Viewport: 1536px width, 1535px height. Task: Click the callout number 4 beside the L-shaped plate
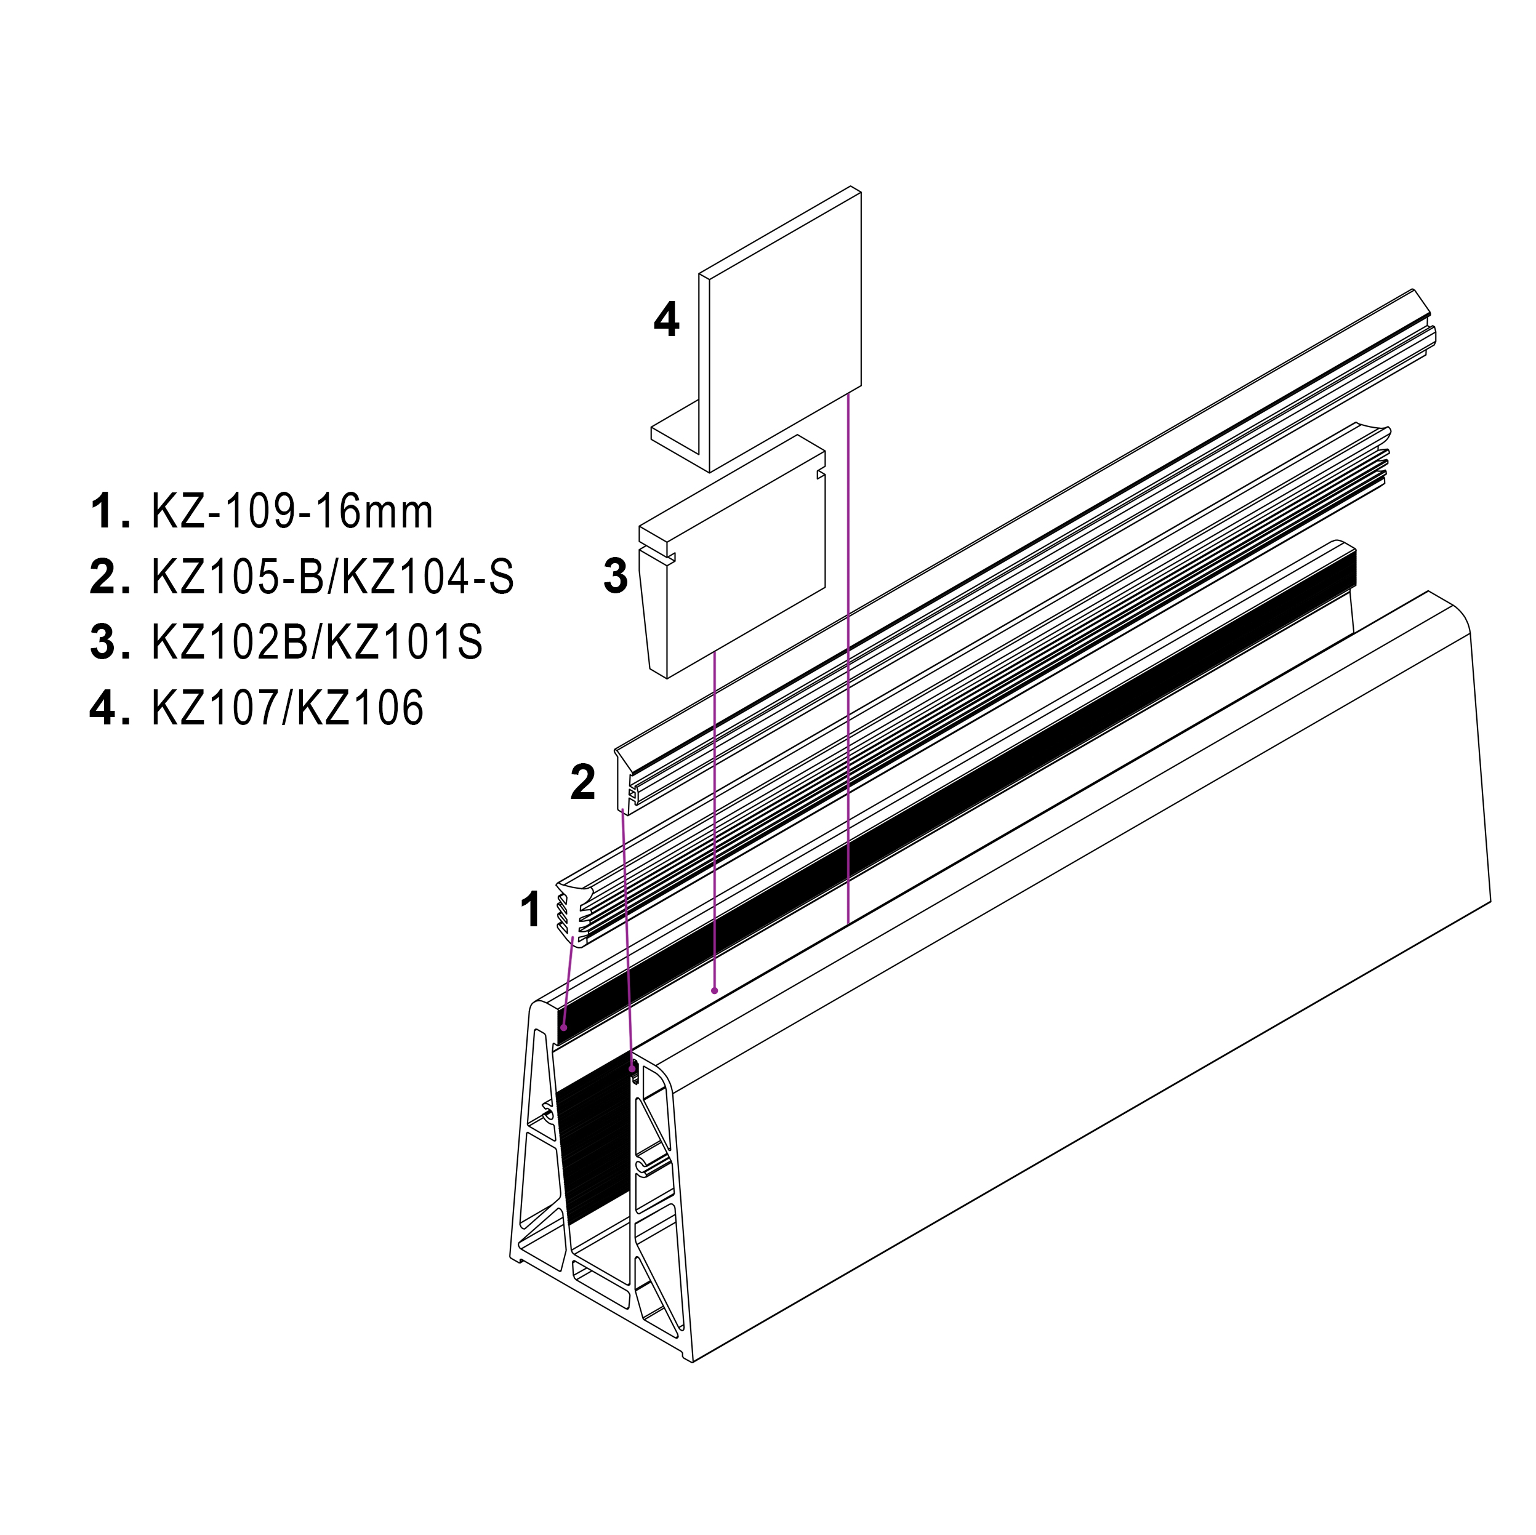pos(665,321)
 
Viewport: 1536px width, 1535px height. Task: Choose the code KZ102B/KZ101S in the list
pos(316,643)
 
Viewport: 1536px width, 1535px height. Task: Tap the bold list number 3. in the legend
pos(109,643)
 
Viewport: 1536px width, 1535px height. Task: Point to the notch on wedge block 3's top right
pos(819,475)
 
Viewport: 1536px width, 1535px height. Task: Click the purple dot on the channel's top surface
pos(715,990)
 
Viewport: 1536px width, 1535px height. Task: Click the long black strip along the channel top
pos(954,795)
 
